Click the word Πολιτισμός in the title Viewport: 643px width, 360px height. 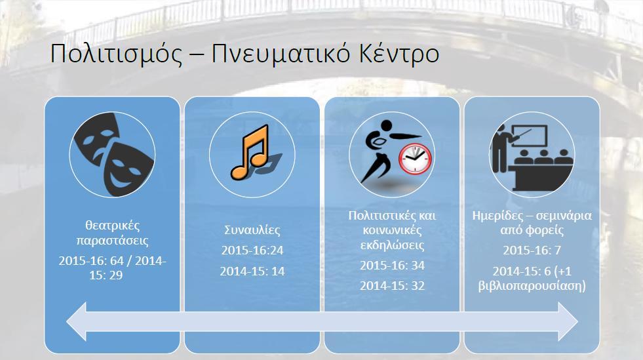(x=116, y=54)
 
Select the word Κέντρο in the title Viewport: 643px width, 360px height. (x=399, y=53)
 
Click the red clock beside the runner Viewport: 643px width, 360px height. (x=415, y=158)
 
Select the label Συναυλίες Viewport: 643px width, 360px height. (x=252, y=230)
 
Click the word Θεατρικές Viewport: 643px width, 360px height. (x=112, y=225)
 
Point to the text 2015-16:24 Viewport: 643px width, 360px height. (x=252, y=250)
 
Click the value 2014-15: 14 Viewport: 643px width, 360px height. (x=252, y=271)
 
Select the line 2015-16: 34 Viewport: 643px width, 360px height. (x=392, y=266)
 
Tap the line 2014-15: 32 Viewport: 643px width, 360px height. (x=392, y=286)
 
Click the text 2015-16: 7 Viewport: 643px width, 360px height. (x=532, y=250)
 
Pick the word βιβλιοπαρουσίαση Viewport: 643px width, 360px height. (x=531, y=286)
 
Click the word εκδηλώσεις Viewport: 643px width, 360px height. (x=392, y=245)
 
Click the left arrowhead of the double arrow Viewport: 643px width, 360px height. (x=77, y=321)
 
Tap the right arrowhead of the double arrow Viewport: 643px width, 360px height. (x=568, y=321)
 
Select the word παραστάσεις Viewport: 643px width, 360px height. (x=112, y=240)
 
